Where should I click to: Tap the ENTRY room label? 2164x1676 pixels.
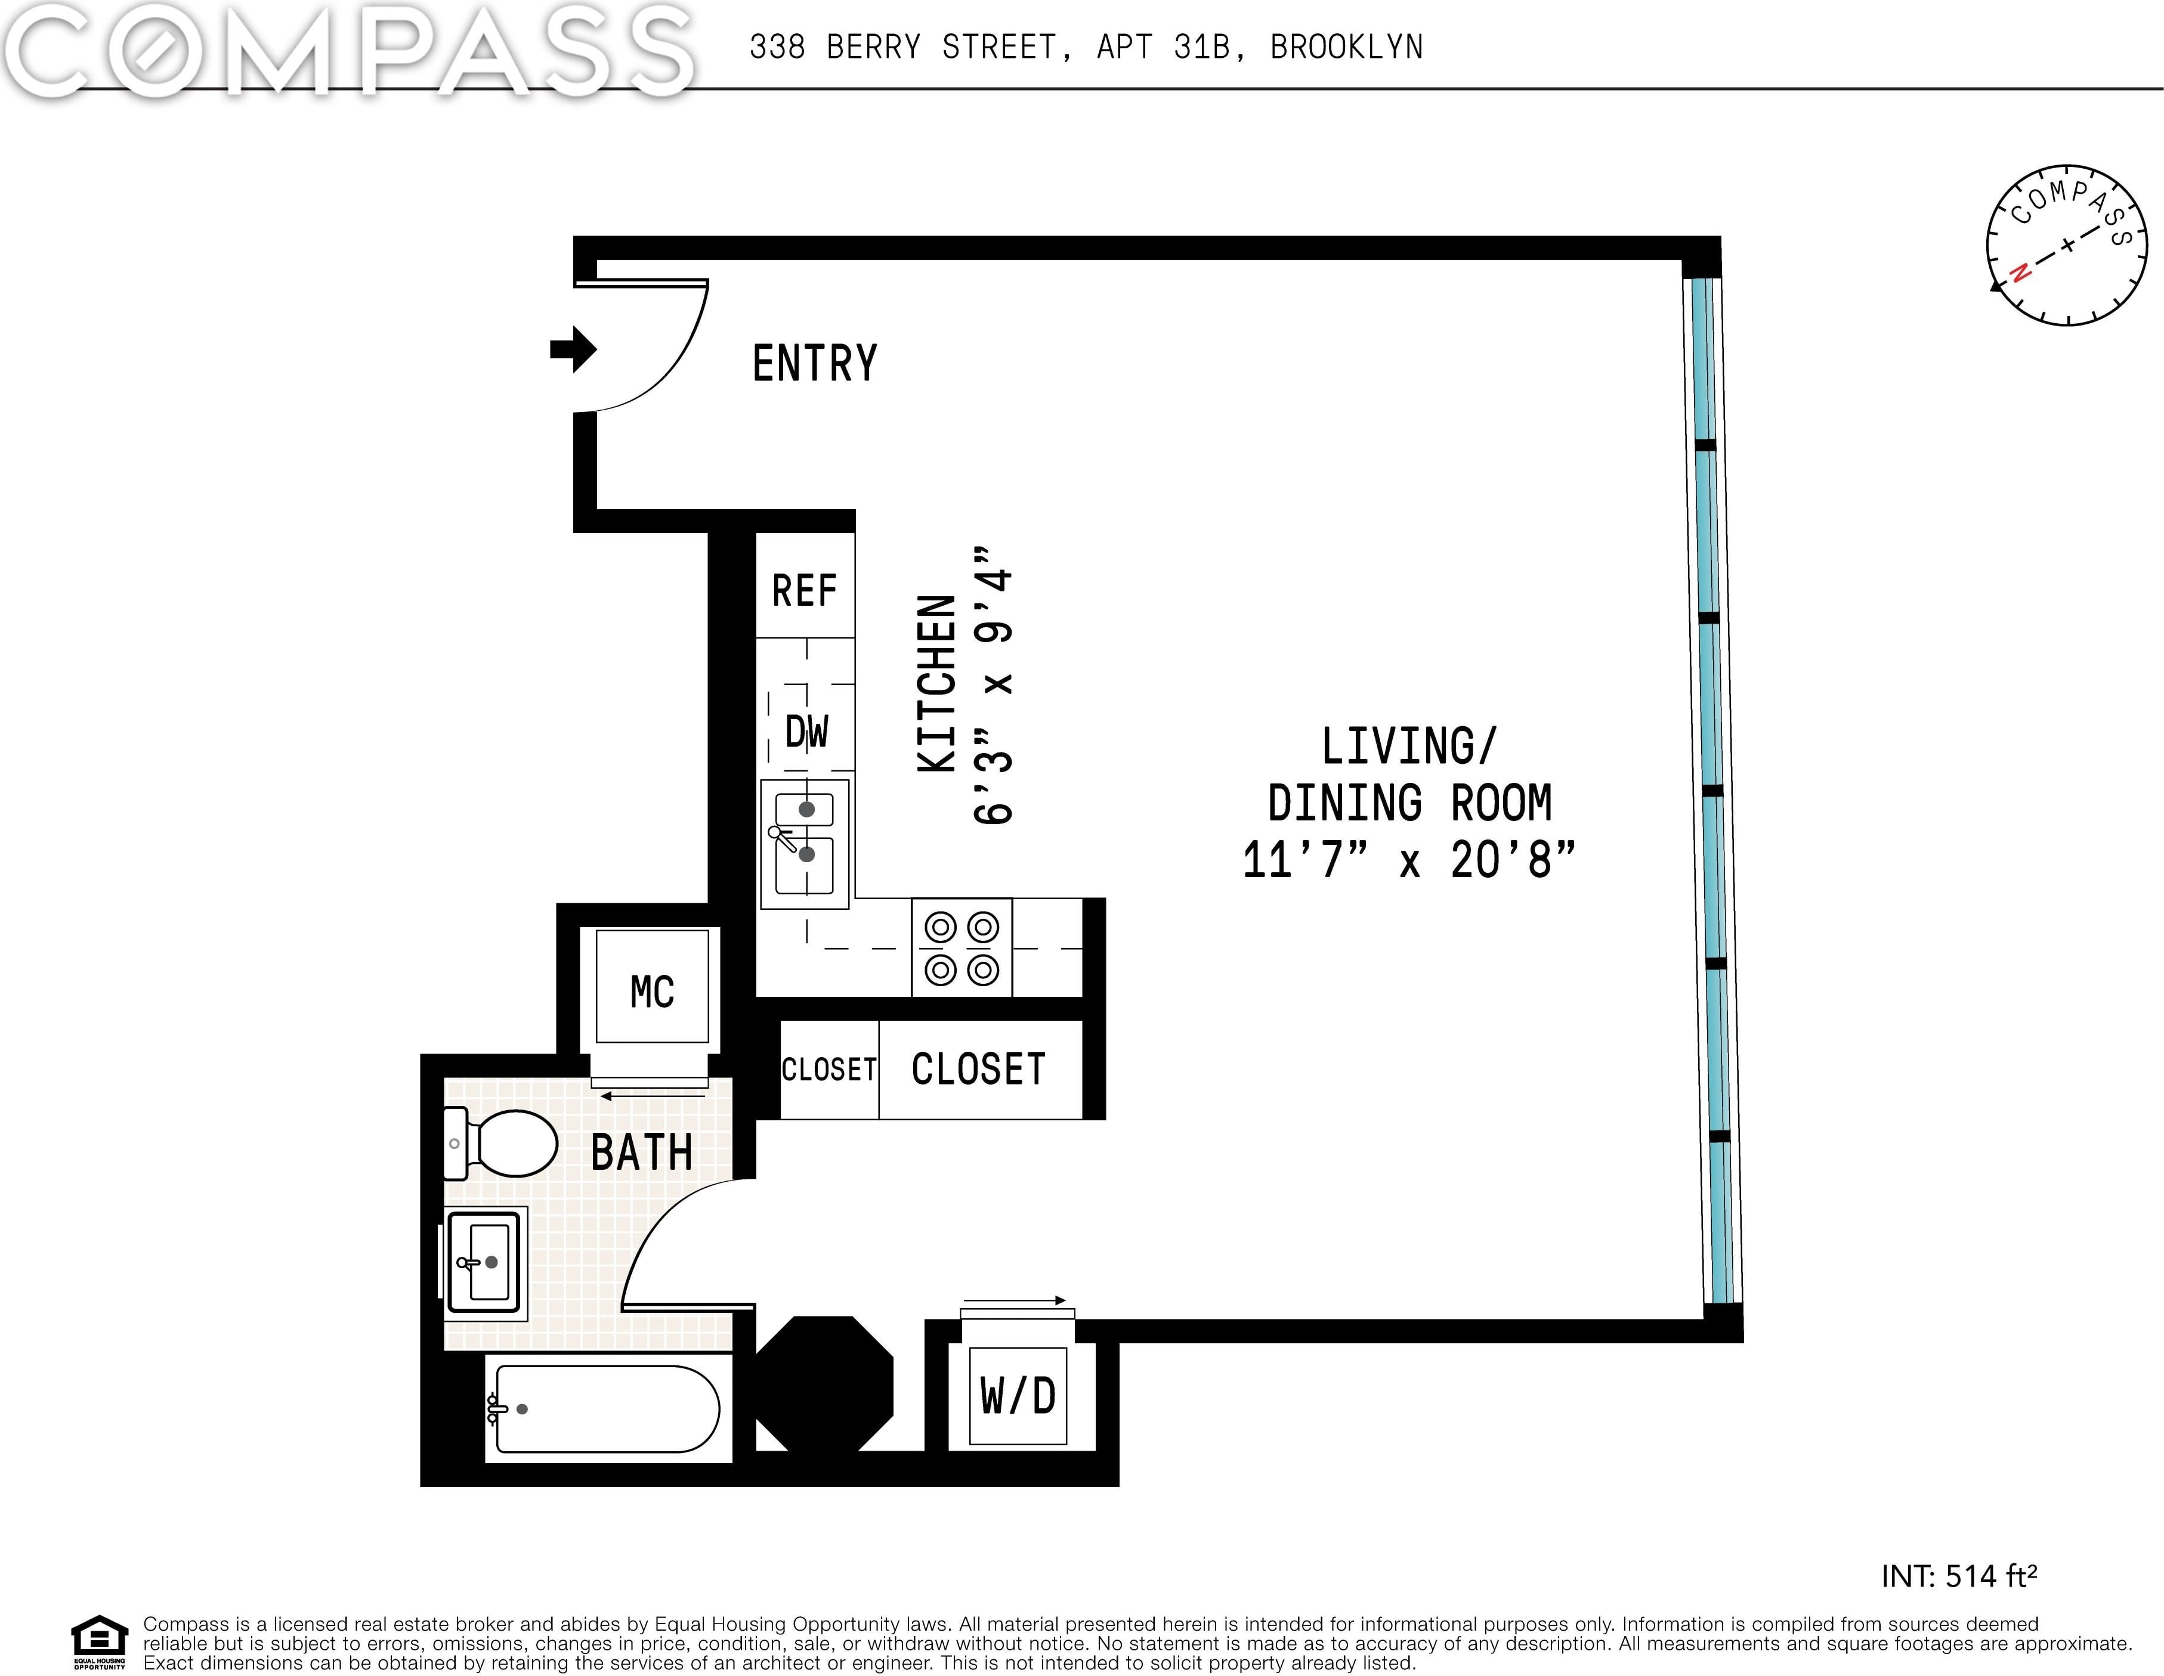click(814, 364)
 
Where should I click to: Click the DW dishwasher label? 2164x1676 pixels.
click(806, 732)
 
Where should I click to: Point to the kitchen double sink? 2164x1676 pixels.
click(805, 844)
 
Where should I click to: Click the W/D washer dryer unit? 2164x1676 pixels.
click(1018, 1396)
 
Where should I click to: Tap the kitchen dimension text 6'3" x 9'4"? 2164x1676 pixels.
click(993, 683)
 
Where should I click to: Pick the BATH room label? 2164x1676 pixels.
click(641, 1153)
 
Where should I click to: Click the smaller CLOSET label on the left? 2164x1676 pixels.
click(829, 1070)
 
